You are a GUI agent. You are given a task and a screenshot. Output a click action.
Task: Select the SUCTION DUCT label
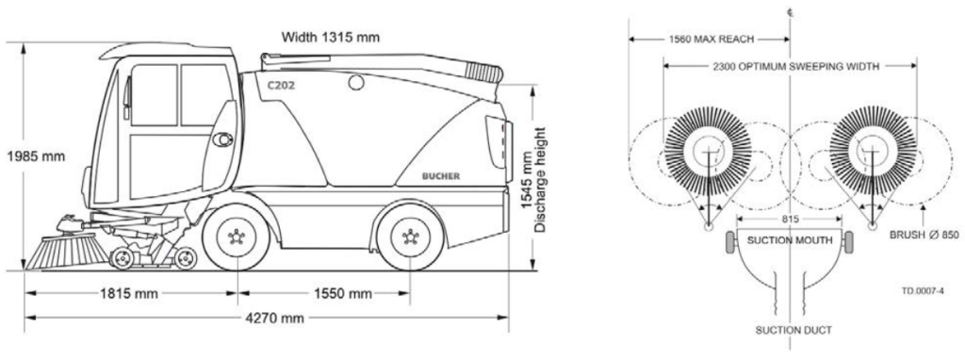[x=789, y=331]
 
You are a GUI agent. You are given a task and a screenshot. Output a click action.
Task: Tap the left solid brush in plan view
[x=708, y=149]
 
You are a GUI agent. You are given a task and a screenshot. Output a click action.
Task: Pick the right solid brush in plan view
[x=872, y=149]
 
